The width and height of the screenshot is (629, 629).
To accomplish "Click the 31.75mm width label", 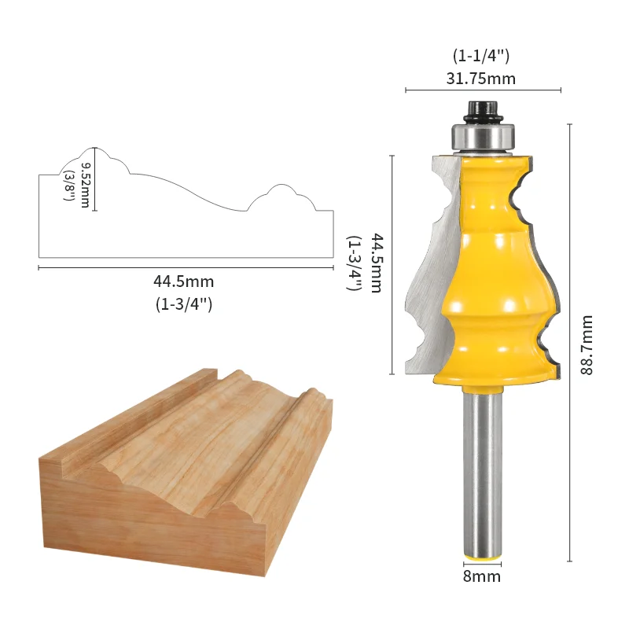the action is pos(481,78).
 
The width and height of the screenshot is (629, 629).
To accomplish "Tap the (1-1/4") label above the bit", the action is pos(481,55).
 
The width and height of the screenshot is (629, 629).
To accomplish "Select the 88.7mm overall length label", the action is pos(587,345).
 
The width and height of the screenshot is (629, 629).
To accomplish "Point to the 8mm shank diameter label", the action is pos(482,576).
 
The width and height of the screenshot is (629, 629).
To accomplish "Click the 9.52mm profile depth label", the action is pos(86,185).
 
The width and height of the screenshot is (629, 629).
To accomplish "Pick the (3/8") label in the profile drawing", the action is pos(69,186).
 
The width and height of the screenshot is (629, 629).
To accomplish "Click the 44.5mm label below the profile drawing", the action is pos(184,281).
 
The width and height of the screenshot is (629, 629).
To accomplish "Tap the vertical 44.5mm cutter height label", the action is pos(376,263).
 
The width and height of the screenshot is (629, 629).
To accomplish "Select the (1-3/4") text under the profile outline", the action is pos(184,304).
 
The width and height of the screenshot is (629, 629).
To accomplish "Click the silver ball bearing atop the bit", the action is pos(483,139).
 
